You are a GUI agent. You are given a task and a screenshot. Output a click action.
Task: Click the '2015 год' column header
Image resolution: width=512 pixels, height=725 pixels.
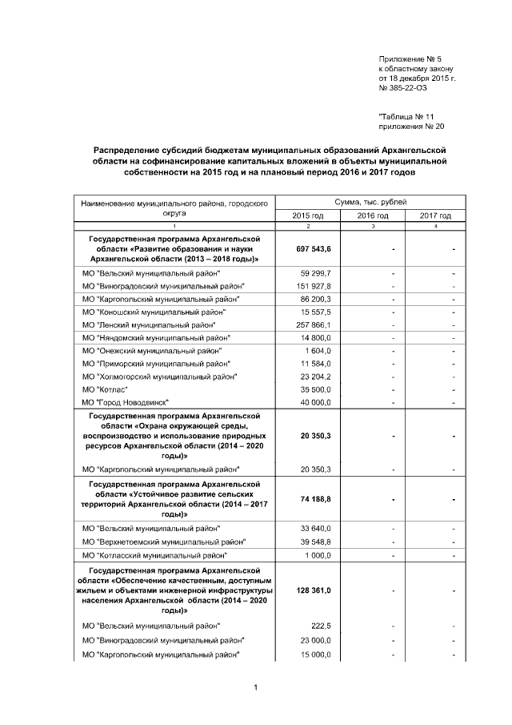(307, 215)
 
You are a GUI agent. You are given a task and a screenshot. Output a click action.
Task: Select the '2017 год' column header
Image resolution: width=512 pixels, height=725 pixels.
(435, 215)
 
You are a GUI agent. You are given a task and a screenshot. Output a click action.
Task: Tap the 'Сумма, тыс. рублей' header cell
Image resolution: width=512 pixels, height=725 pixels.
(370, 203)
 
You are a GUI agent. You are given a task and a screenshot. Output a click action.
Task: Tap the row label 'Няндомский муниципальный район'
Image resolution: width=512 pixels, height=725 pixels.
(154, 337)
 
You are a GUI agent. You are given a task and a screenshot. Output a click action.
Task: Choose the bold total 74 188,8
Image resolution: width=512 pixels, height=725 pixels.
(316, 499)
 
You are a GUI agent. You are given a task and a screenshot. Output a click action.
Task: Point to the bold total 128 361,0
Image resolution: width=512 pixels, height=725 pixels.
(315, 590)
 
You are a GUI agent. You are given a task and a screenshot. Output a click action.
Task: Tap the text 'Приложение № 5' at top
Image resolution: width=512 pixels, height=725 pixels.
(410, 59)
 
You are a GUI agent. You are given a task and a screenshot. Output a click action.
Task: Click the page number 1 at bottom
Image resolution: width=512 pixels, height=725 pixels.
(254, 687)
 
